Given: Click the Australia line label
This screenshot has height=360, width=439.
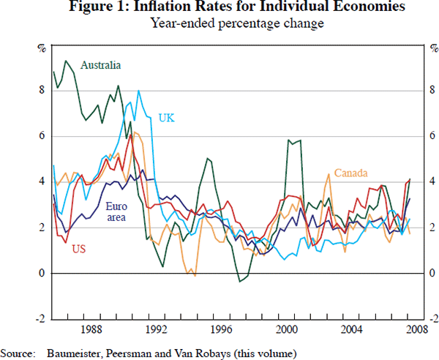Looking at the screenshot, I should tap(101, 65).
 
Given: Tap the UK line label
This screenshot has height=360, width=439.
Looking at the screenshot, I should tap(167, 118).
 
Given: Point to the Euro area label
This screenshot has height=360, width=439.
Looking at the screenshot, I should tap(118, 212).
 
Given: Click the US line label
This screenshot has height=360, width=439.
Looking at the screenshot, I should tap(78, 250).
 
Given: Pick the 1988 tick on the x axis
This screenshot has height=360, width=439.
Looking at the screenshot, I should tap(91, 330).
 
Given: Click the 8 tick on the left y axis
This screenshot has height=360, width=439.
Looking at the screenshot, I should tap(42, 90).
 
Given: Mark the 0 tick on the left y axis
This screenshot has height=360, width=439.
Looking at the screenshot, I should tap(42, 274).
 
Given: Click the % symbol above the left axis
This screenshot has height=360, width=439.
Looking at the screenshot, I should tap(42, 49).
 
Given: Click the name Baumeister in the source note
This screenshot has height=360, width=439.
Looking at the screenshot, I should tap(76, 353).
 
